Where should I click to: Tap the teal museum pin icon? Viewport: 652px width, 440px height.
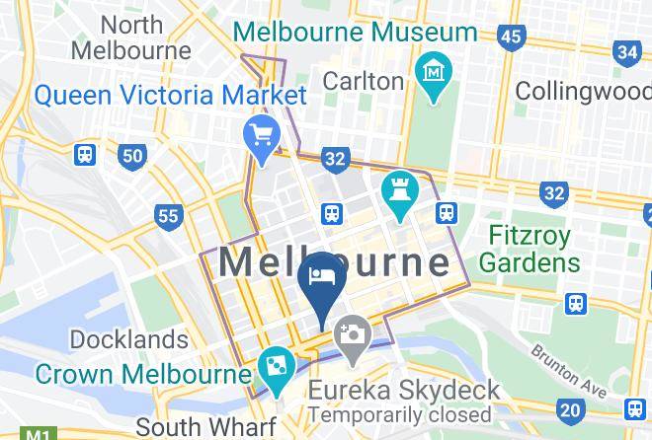(434, 75)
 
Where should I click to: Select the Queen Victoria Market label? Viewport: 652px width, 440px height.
(171, 96)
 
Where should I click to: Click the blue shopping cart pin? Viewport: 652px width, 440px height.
(262, 136)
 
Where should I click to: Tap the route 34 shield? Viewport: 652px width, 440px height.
(626, 52)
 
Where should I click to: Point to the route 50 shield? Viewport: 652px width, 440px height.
(130, 155)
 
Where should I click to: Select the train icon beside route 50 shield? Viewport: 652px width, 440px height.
(85, 155)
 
